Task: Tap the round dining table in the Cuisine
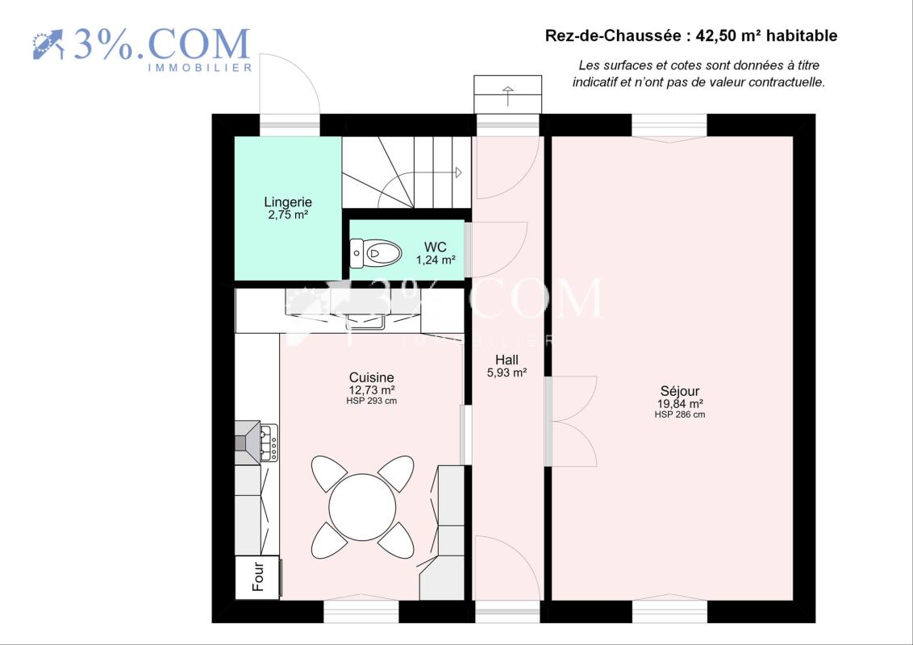362,507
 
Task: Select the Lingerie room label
288,202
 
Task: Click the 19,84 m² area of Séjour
680,404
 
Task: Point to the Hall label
507,360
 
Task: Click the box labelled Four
258,577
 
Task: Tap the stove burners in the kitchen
269,443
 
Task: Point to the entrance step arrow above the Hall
508,96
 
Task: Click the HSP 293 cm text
372,401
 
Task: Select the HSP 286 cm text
680,414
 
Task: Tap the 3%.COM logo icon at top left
48,45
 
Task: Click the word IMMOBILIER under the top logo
200,68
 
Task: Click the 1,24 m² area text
436,260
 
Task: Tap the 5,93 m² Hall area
507,372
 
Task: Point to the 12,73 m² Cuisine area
372,390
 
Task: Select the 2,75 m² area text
288,214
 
